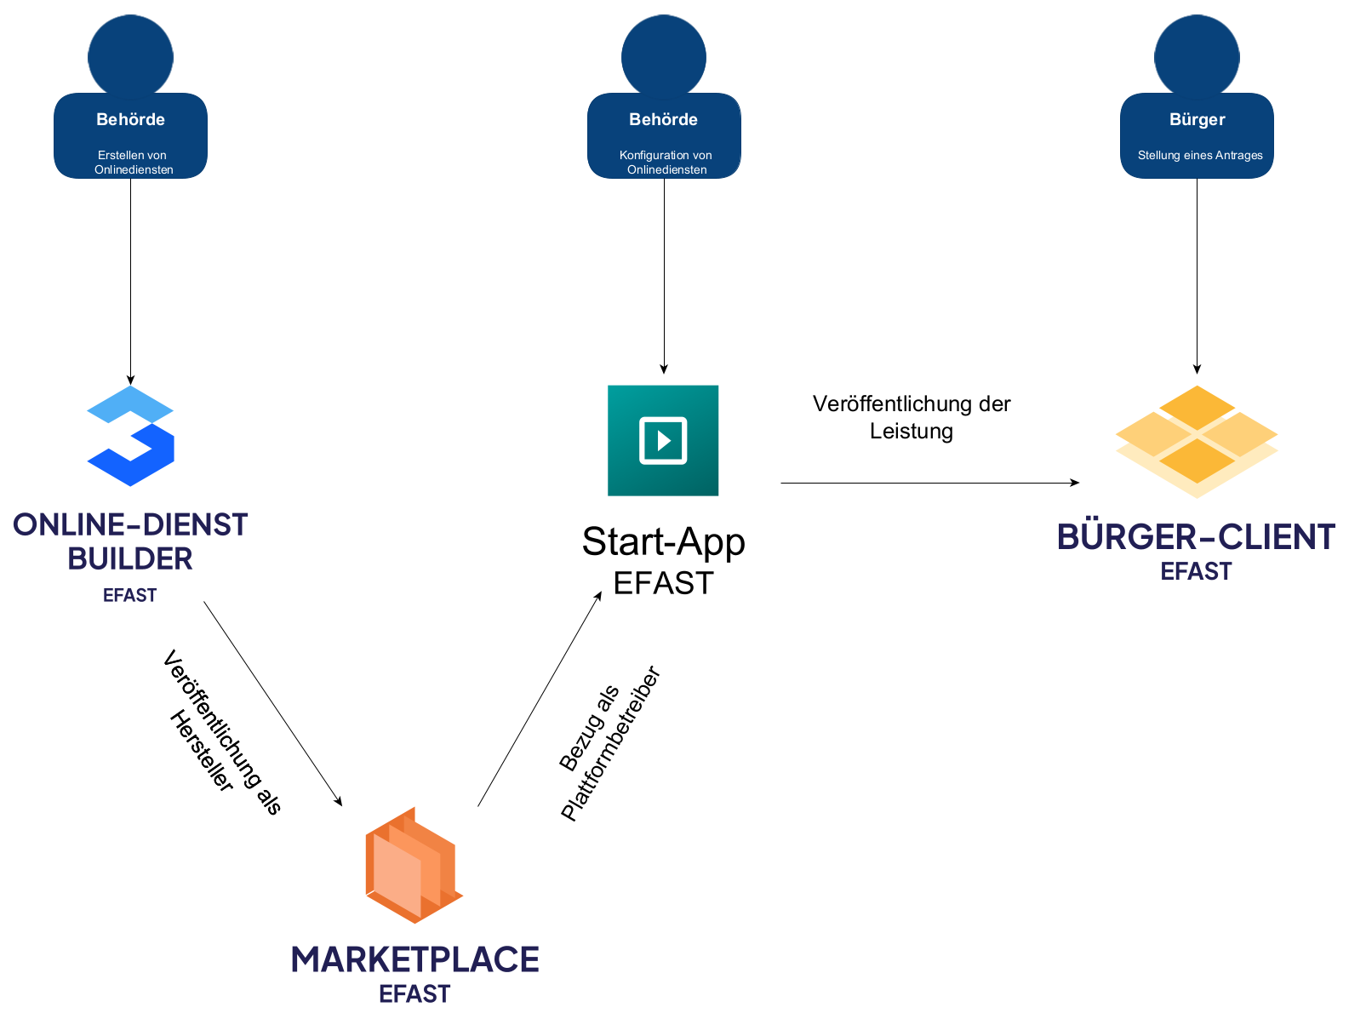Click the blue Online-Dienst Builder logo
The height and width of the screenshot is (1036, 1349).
[130, 436]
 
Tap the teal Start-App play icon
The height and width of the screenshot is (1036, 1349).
[663, 440]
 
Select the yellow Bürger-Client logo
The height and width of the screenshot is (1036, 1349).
[1197, 441]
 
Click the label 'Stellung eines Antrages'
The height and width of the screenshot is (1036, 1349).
[1200, 155]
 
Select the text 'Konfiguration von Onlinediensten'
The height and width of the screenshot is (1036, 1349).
[666, 162]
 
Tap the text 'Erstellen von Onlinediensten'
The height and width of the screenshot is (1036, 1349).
[133, 162]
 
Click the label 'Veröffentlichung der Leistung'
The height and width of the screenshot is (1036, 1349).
[912, 417]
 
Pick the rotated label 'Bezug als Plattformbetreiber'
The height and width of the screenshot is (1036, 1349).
[609, 743]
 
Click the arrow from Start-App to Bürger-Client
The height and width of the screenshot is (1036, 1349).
[928, 483]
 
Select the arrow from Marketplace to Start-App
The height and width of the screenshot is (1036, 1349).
[540, 699]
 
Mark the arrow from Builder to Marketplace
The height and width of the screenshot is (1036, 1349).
[272, 703]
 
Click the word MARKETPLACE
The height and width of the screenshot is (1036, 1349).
[414, 959]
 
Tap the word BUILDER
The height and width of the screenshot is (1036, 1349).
[130, 558]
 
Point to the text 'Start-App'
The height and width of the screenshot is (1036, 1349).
[663, 541]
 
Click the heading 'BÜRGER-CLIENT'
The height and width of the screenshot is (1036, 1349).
[1196, 537]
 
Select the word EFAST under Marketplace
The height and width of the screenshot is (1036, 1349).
[414, 994]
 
